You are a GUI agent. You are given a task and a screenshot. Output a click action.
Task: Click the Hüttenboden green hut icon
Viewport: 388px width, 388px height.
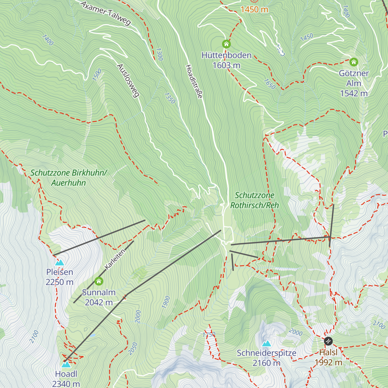coord(226,44)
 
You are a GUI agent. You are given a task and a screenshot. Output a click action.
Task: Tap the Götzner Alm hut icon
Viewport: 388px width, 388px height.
coord(354,62)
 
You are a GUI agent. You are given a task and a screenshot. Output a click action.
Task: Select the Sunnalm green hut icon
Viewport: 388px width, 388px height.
coord(99,281)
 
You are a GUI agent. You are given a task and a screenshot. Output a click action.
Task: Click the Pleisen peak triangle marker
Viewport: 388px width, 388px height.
coord(59,263)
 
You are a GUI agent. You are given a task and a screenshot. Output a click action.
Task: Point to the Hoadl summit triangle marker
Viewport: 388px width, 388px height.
coord(66,364)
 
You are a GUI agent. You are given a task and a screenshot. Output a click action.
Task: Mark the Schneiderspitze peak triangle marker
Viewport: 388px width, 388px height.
coord(266,343)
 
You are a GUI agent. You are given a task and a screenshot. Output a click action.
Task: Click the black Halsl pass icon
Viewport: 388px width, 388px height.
coord(328,341)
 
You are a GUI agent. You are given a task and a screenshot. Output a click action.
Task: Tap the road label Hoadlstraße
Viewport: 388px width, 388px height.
coord(194,81)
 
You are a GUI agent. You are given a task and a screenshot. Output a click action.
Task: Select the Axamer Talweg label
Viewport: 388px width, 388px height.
coord(105,13)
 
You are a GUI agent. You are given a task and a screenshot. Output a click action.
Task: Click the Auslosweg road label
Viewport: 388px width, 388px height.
coord(128,81)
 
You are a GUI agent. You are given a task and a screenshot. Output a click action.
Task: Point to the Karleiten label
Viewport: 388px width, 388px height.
coord(115,259)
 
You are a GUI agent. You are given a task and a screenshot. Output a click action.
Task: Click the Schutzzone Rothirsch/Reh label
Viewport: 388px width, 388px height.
coord(254,200)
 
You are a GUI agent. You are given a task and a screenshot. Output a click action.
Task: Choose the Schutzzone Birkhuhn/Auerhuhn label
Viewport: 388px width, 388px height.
coord(69,178)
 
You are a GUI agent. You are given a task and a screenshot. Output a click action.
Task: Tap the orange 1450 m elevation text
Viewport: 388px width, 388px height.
coord(254,9)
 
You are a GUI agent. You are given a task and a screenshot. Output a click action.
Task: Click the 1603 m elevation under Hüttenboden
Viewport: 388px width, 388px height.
coord(226,65)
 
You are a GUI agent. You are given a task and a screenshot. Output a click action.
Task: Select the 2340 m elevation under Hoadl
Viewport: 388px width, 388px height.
coord(66,384)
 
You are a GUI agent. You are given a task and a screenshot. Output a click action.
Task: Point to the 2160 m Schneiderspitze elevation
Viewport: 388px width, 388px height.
coord(266,363)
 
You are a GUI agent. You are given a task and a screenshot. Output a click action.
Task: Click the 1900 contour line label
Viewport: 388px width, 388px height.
coord(166,302)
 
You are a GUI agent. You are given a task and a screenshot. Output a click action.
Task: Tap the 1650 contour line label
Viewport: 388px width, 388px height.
coord(269,84)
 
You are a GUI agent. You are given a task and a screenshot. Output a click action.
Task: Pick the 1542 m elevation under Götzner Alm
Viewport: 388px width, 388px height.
coord(354,93)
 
